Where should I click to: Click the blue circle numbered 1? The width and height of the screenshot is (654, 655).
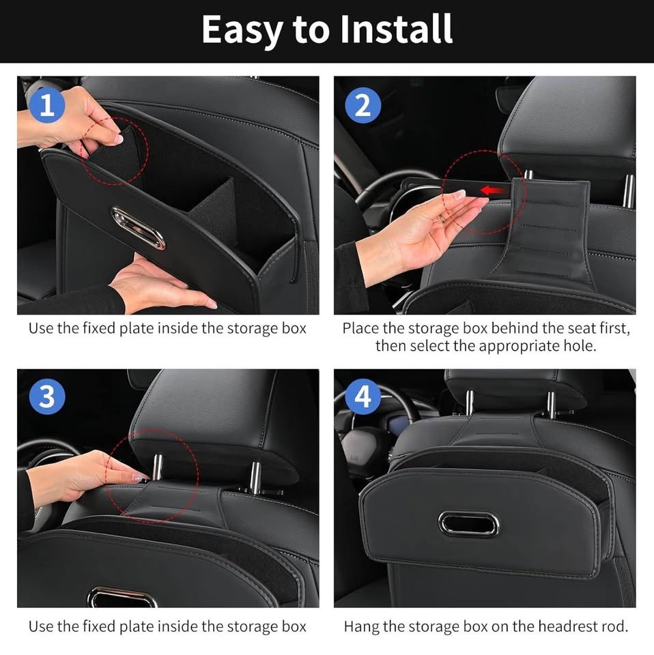47,104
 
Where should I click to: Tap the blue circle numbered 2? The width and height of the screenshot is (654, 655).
362,104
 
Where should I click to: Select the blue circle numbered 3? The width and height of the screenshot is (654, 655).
47,396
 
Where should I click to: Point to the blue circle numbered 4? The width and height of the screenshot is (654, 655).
362,396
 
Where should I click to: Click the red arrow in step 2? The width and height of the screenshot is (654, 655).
496,191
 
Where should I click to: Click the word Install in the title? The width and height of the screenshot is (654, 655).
397,29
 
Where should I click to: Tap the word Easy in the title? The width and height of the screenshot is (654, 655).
242,31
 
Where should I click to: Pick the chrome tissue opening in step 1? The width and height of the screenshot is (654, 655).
138,228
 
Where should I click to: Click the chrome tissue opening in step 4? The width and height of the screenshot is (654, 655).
468,523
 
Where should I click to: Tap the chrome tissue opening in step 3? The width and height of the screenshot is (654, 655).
122,598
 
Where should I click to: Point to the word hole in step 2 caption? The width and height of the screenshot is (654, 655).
578,346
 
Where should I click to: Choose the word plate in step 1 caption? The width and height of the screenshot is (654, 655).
134,329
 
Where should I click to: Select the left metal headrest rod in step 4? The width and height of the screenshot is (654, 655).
470,403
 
